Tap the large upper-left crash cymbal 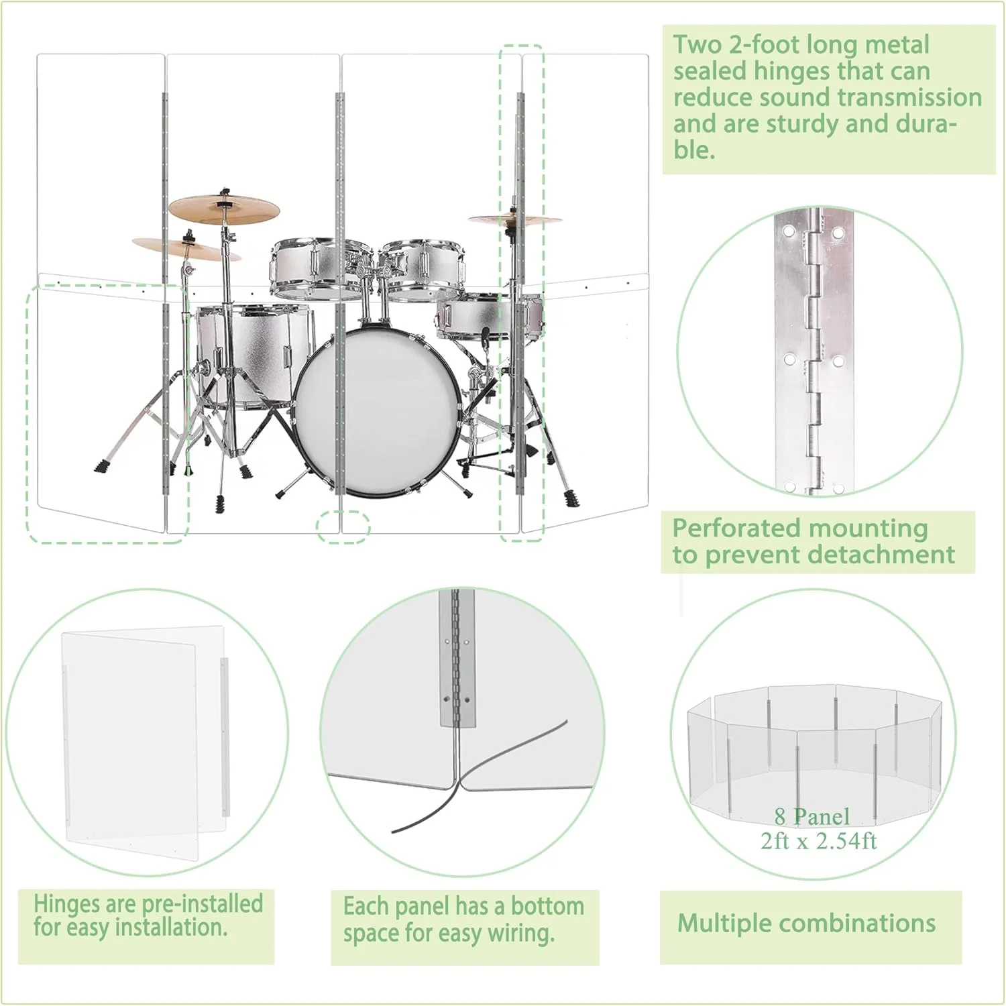coord(223,209)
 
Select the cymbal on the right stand coord(514,219)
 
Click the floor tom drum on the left coord(254,355)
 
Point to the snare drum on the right coord(489,318)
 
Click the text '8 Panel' coord(812,816)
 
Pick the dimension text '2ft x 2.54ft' coord(818,840)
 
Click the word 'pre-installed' coord(201,903)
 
